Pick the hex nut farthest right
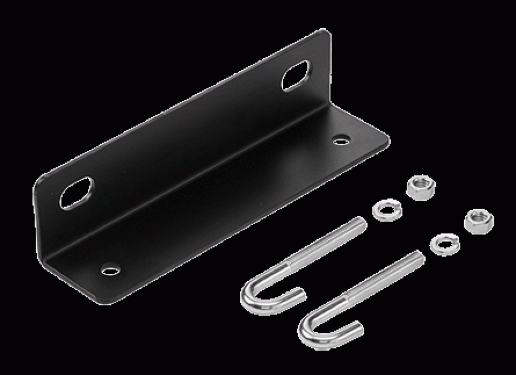coord(478,221)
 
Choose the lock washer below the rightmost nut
coord(444,244)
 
